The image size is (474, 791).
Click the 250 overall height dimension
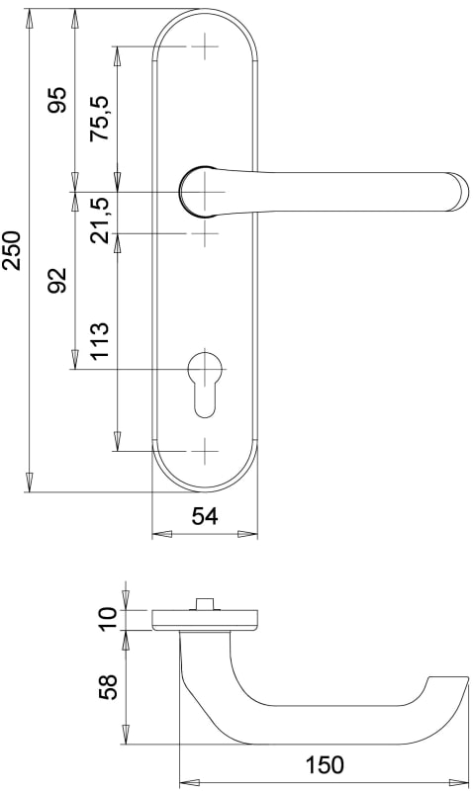tap(11, 251)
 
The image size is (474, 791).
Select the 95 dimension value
tap(56, 101)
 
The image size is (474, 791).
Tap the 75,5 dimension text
tap(99, 118)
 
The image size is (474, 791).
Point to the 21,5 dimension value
tap(99, 220)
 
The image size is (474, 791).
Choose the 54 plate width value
tap(205, 516)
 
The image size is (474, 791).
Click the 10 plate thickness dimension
tap(108, 619)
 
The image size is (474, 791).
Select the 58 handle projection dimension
tap(108, 686)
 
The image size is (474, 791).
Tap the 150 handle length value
tap(324, 764)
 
